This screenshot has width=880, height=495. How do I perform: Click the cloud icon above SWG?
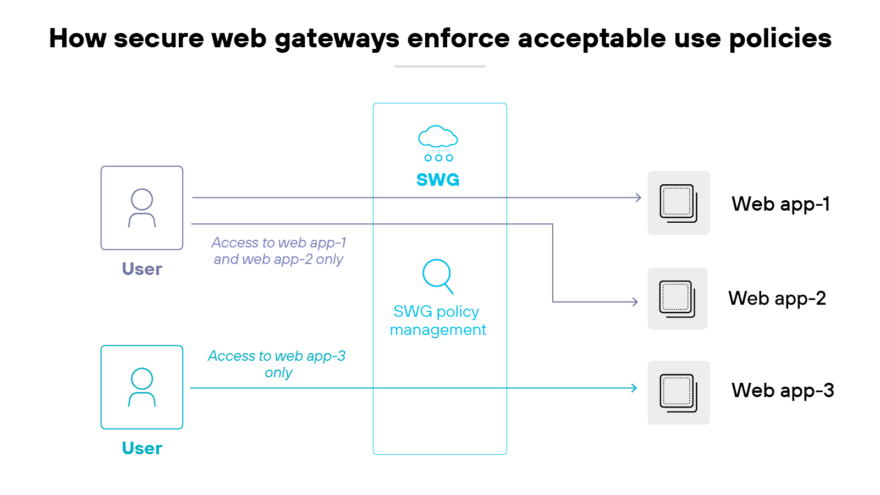[x=438, y=142]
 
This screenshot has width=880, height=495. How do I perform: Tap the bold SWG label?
[x=438, y=180]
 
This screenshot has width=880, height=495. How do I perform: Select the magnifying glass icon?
[x=438, y=276]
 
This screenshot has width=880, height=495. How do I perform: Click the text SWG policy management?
[x=438, y=320]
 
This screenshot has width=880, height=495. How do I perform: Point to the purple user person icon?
[x=142, y=208]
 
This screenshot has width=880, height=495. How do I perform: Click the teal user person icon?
[x=142, y=387]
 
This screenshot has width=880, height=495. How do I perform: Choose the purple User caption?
[x=142, y=269]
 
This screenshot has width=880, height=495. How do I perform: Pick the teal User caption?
[x=142, y=448]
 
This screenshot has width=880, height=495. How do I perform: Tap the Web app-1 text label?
[x=780, y=204]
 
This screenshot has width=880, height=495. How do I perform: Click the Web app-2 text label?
[x=777, y=298]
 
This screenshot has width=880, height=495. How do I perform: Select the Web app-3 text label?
[x=782, y=391]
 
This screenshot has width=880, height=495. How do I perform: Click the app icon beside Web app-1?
[x=678, y=203]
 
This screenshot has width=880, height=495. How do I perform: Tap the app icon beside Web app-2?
[x=677, y=299]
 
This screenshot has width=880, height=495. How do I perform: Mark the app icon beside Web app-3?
[x=678, y=393]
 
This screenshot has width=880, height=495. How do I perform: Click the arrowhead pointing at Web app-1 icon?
[x=639, y=197]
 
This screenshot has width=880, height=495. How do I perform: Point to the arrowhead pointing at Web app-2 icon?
[x=635, y=302]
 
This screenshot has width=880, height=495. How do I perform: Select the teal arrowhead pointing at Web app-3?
[x=634, y=388]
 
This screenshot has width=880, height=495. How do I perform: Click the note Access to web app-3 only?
[x=277, y=364]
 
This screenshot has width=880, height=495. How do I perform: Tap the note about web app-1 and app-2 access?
[x=278, y=251]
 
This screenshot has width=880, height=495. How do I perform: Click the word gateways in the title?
[x=337, y=38]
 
